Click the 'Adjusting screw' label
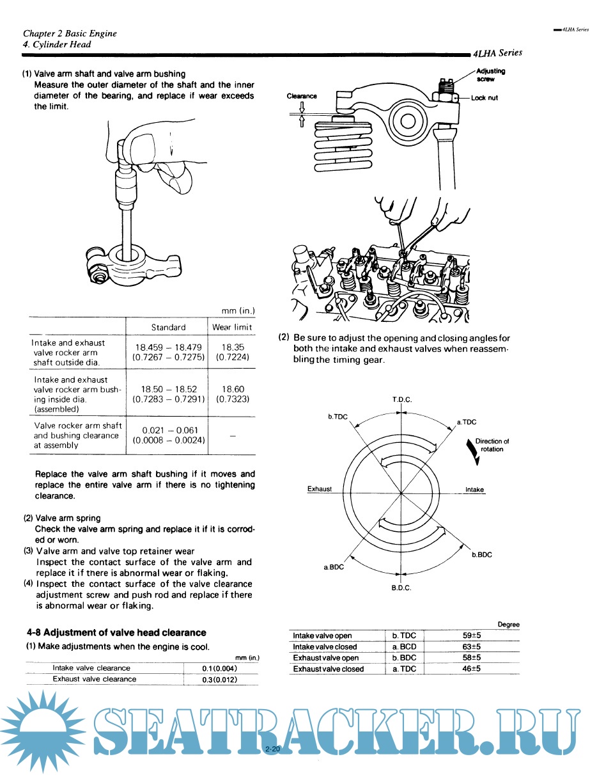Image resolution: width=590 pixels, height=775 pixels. click(x=490, y=74)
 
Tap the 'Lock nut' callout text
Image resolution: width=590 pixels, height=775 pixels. click(x=484, y=98)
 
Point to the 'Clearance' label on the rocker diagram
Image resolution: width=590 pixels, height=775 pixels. click(x=302, y=96)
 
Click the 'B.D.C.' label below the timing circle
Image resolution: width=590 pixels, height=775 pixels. click(x=401, y=587)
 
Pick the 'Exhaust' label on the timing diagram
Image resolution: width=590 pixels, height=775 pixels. click(x=320, y=489)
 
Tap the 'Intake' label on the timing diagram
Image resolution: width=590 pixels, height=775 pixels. click(x=474, y=490)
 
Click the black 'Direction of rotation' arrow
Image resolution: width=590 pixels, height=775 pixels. click(x=472, y=452)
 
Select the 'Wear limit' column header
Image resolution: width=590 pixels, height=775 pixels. click(x=232, y=327)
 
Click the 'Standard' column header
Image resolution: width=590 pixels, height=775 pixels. click(x=168, y=327)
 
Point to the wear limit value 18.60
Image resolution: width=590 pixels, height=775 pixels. click(x=232, y=389)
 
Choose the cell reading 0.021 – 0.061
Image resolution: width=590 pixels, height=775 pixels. click(x=168, y=430)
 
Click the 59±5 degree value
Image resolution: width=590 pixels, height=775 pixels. click(x=472, y=635)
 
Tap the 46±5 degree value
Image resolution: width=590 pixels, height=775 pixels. click(x=472, y=669)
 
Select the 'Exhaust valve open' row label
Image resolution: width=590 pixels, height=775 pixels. click(x=326, y=658)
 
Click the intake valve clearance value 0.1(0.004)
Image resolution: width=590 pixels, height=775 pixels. click(x=220, y=668)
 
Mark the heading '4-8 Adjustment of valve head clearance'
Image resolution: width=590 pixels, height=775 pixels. click(x=116, y=632)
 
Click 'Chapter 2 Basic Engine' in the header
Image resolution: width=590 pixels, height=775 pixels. click(x=70, y=33)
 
